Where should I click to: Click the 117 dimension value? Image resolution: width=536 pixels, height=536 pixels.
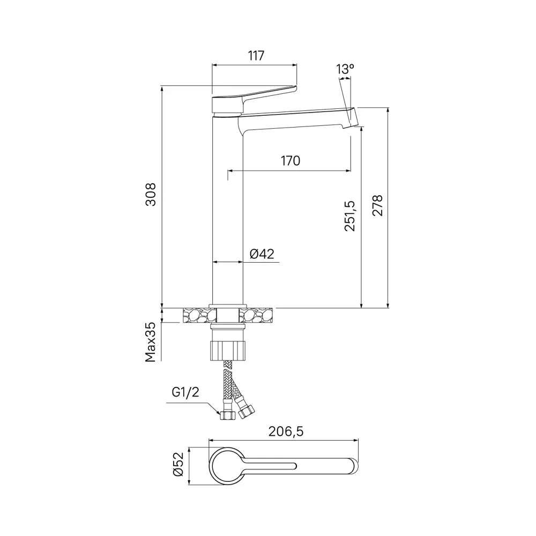pyautogui.click(x=256, y=55)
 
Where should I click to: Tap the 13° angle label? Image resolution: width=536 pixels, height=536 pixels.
pyautogui.click(x=345, y=69)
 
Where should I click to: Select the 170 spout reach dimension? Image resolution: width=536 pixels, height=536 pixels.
pyautogui.click(x=290, y=160)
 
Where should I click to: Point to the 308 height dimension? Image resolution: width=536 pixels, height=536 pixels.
pyautogui.click(x=152, y=195)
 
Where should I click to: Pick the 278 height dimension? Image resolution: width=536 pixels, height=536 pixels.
pyautogui.click(x=377, y=205)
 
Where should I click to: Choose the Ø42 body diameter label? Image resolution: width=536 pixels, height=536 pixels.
pyautogui.click(x=262, y=254)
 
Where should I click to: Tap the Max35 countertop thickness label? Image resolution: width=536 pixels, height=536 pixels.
pyautogui.click(x=152, y=342)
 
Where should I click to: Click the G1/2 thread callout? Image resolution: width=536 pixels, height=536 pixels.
pyautogui.click(x=185, y=392)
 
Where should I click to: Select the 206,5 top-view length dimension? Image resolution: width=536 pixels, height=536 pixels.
pyautogui.click(x=287, y=432)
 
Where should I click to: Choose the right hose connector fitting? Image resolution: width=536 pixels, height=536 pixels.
pyautogui.click(x=247, y=411)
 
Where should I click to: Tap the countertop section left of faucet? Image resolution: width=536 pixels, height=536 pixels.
pyautogui.click(x=196, y=315)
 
